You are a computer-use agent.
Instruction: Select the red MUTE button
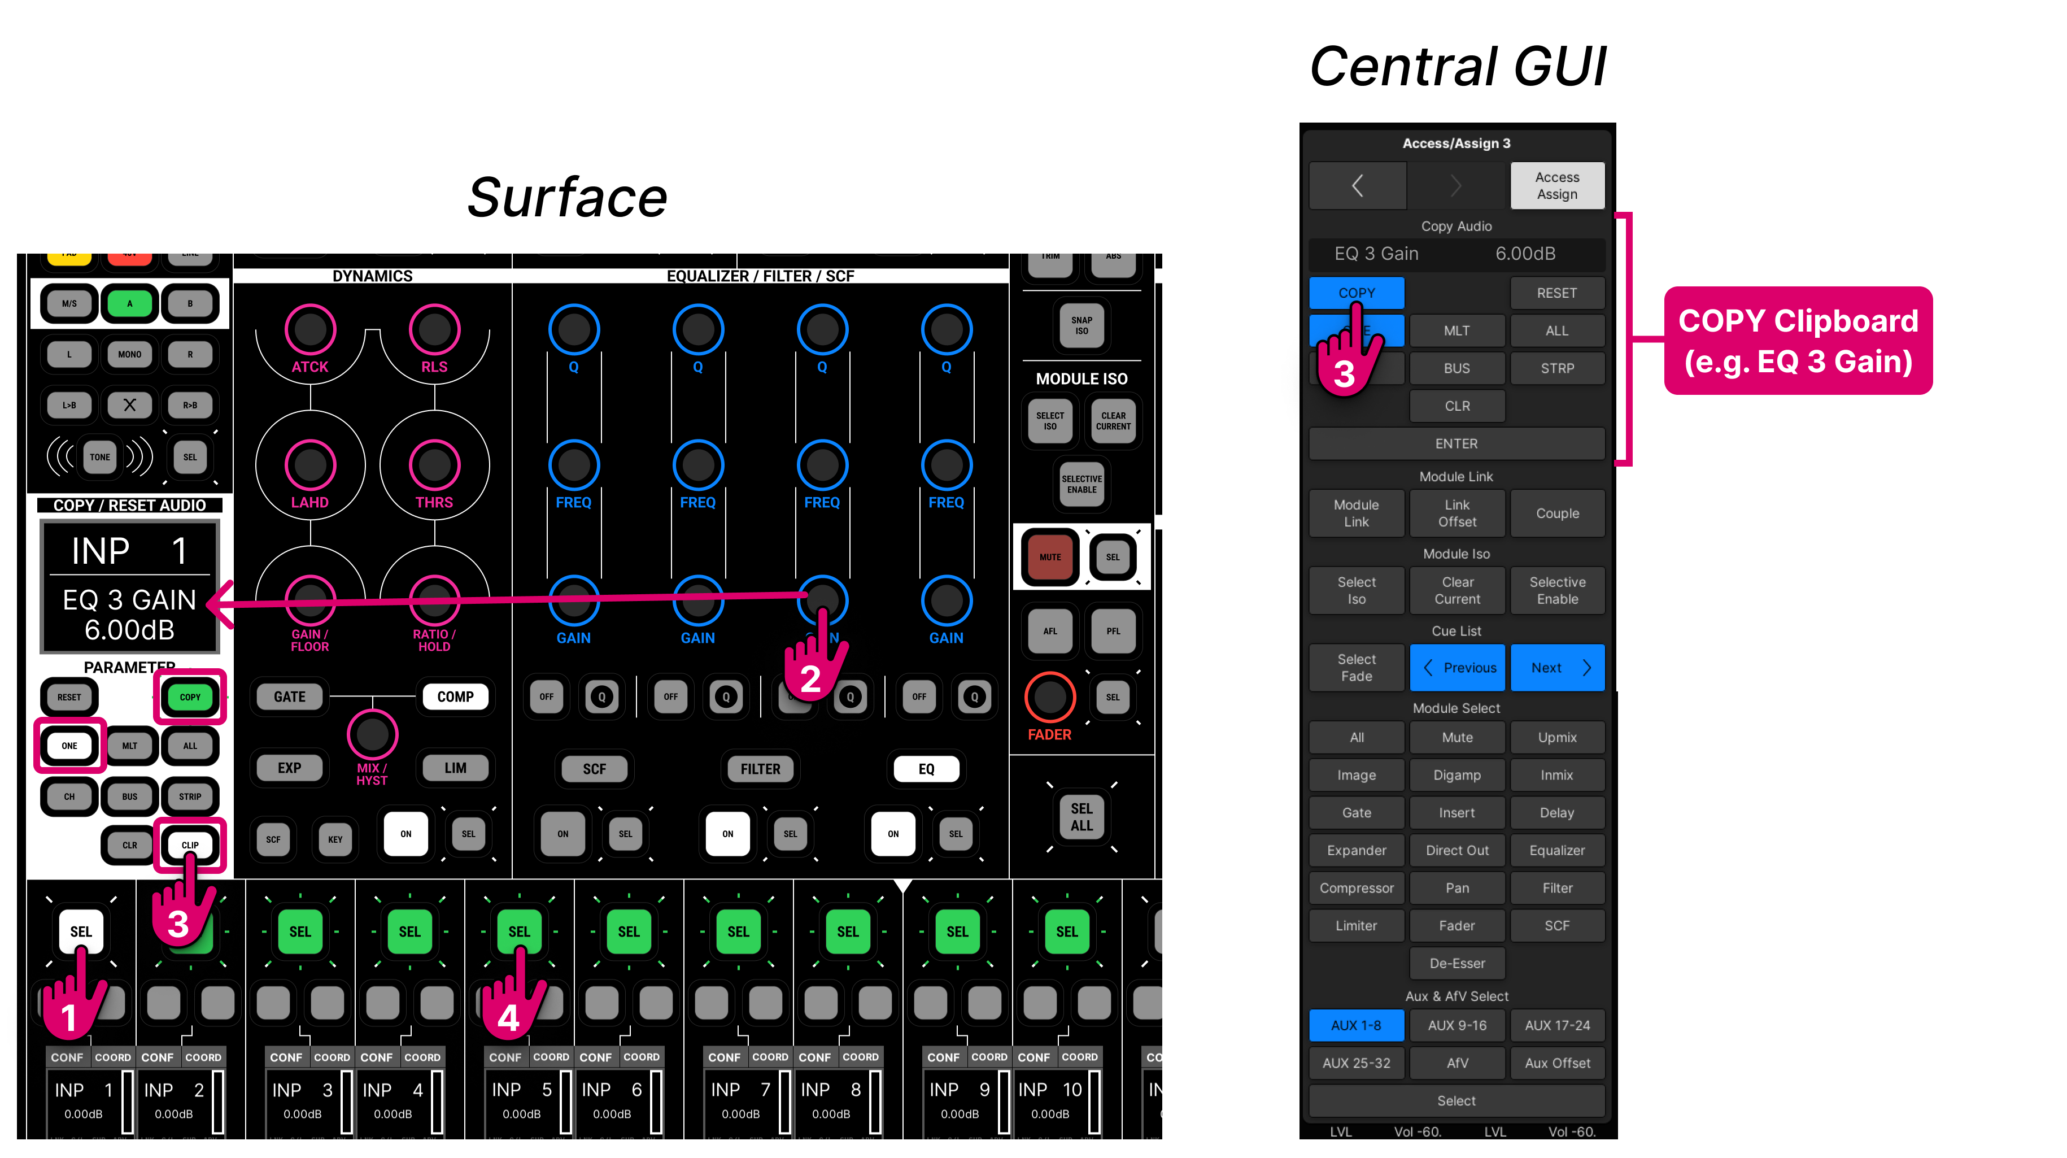coord(1049,556)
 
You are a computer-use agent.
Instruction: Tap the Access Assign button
coord(1556,185)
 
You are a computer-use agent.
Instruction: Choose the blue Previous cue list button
coord(1457,667)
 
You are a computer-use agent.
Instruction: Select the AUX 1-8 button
coord(1355,1025)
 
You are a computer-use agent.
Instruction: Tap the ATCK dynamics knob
coord(309,329)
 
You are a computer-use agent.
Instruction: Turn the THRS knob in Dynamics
coord(434,465)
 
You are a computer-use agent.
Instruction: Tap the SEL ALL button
coord(1081,816)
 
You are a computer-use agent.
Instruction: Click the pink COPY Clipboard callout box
coord(1798,340)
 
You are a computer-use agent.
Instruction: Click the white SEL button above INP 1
coord(81,931)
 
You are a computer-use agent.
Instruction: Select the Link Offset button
coord(1457,513)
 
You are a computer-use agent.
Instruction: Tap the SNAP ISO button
coord(1081,325)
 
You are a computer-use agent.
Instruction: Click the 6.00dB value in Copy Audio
coord(1525,254)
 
